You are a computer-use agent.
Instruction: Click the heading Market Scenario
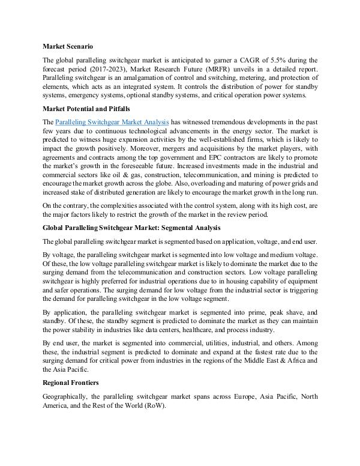68,46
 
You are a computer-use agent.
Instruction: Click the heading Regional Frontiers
71,383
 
